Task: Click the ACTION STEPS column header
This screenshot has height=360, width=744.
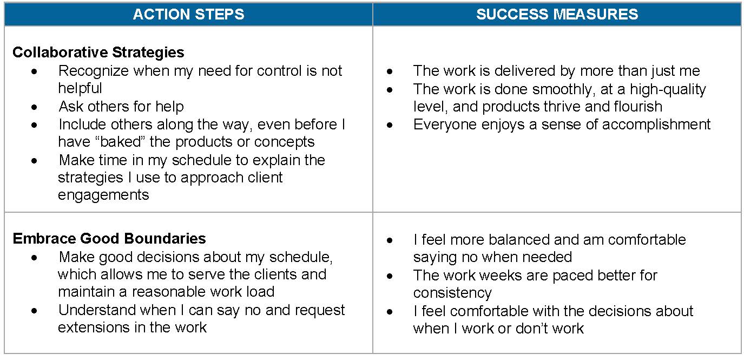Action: point(188,14)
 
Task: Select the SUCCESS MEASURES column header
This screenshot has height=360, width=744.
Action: point(557,14)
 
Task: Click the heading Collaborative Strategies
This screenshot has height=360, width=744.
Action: point(98,53)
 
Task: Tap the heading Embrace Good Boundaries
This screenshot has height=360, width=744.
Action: point(109,239)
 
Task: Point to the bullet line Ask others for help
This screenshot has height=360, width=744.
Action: point(121,107)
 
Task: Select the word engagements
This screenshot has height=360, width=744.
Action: point(103,195)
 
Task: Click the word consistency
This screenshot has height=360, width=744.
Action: point(452,293)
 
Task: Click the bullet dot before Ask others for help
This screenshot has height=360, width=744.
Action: point(35,107)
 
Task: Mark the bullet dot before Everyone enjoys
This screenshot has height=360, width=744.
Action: point(390,125)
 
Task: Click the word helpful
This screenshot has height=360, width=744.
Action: point(80,88)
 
